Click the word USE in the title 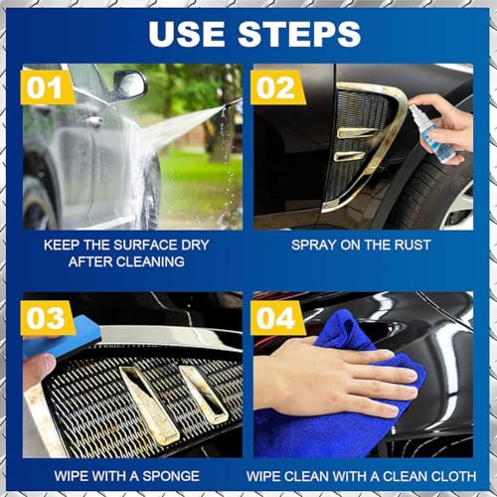(187, 34)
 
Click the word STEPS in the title (299, 34)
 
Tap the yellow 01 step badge (47, 87)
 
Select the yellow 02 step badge (277, 87)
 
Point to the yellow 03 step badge (47, 318)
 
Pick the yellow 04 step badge (277, 318)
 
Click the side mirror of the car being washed (130, 83)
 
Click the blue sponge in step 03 (62, 332)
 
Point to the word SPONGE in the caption (171, 476)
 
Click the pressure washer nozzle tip (230, 104)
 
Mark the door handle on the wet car (95, 121)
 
